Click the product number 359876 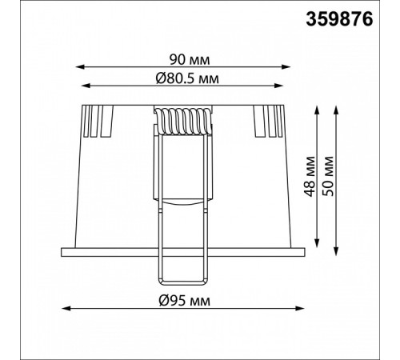[x=339, y=20]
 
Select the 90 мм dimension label [x=190, y=60]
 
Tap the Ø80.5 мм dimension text [x=187, y=78]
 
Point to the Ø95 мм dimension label [x=185, y=301]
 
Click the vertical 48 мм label [x=310, y=177]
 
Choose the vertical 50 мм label [x=328, y=177]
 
